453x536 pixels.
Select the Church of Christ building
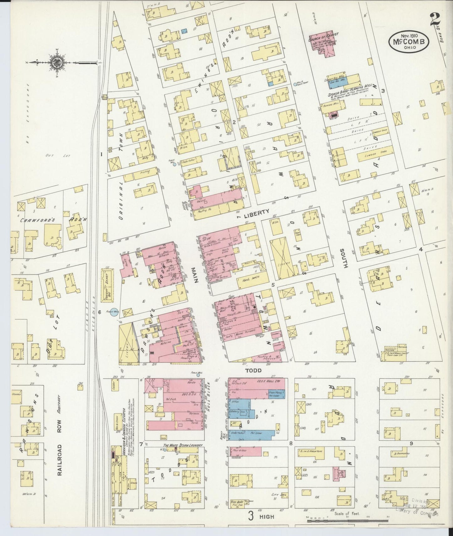click(324, 44)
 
